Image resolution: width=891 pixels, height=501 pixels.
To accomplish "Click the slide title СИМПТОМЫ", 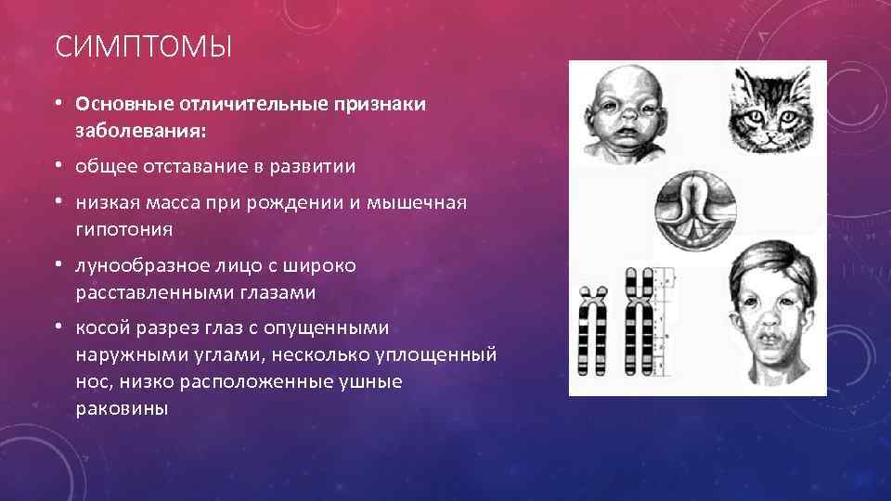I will click(x=143, y=45).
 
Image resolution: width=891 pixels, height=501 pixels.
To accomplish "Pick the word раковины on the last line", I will click(x=121, y=407).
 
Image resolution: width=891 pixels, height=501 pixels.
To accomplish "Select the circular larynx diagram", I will click(x=697, y=204).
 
